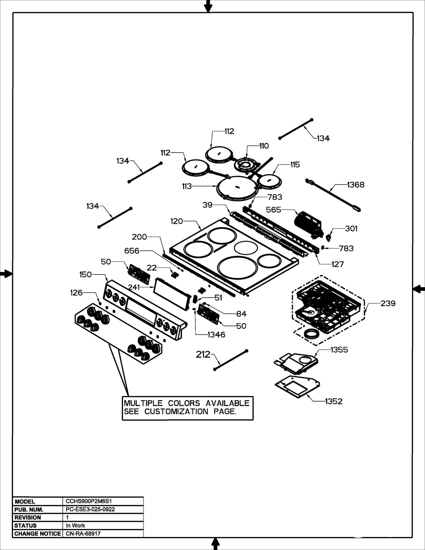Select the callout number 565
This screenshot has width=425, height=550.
tap(273, 210)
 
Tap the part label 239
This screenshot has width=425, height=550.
tap(388, 303)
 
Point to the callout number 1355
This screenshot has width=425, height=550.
tap(339, 350)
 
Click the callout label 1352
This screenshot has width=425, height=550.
tap(333, 401)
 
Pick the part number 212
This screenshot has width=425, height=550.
tap(203, 355)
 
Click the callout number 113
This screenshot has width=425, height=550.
tap(187, 186)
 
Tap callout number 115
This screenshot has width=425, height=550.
tap(295, 165)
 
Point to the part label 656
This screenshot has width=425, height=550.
tap(132, 251)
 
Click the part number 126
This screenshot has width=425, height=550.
tap(76, 292)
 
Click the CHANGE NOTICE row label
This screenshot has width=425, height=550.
tap(37, 534)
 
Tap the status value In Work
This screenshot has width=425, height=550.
tap(75, 525)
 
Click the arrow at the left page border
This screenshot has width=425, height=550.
tap(6, 274)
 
